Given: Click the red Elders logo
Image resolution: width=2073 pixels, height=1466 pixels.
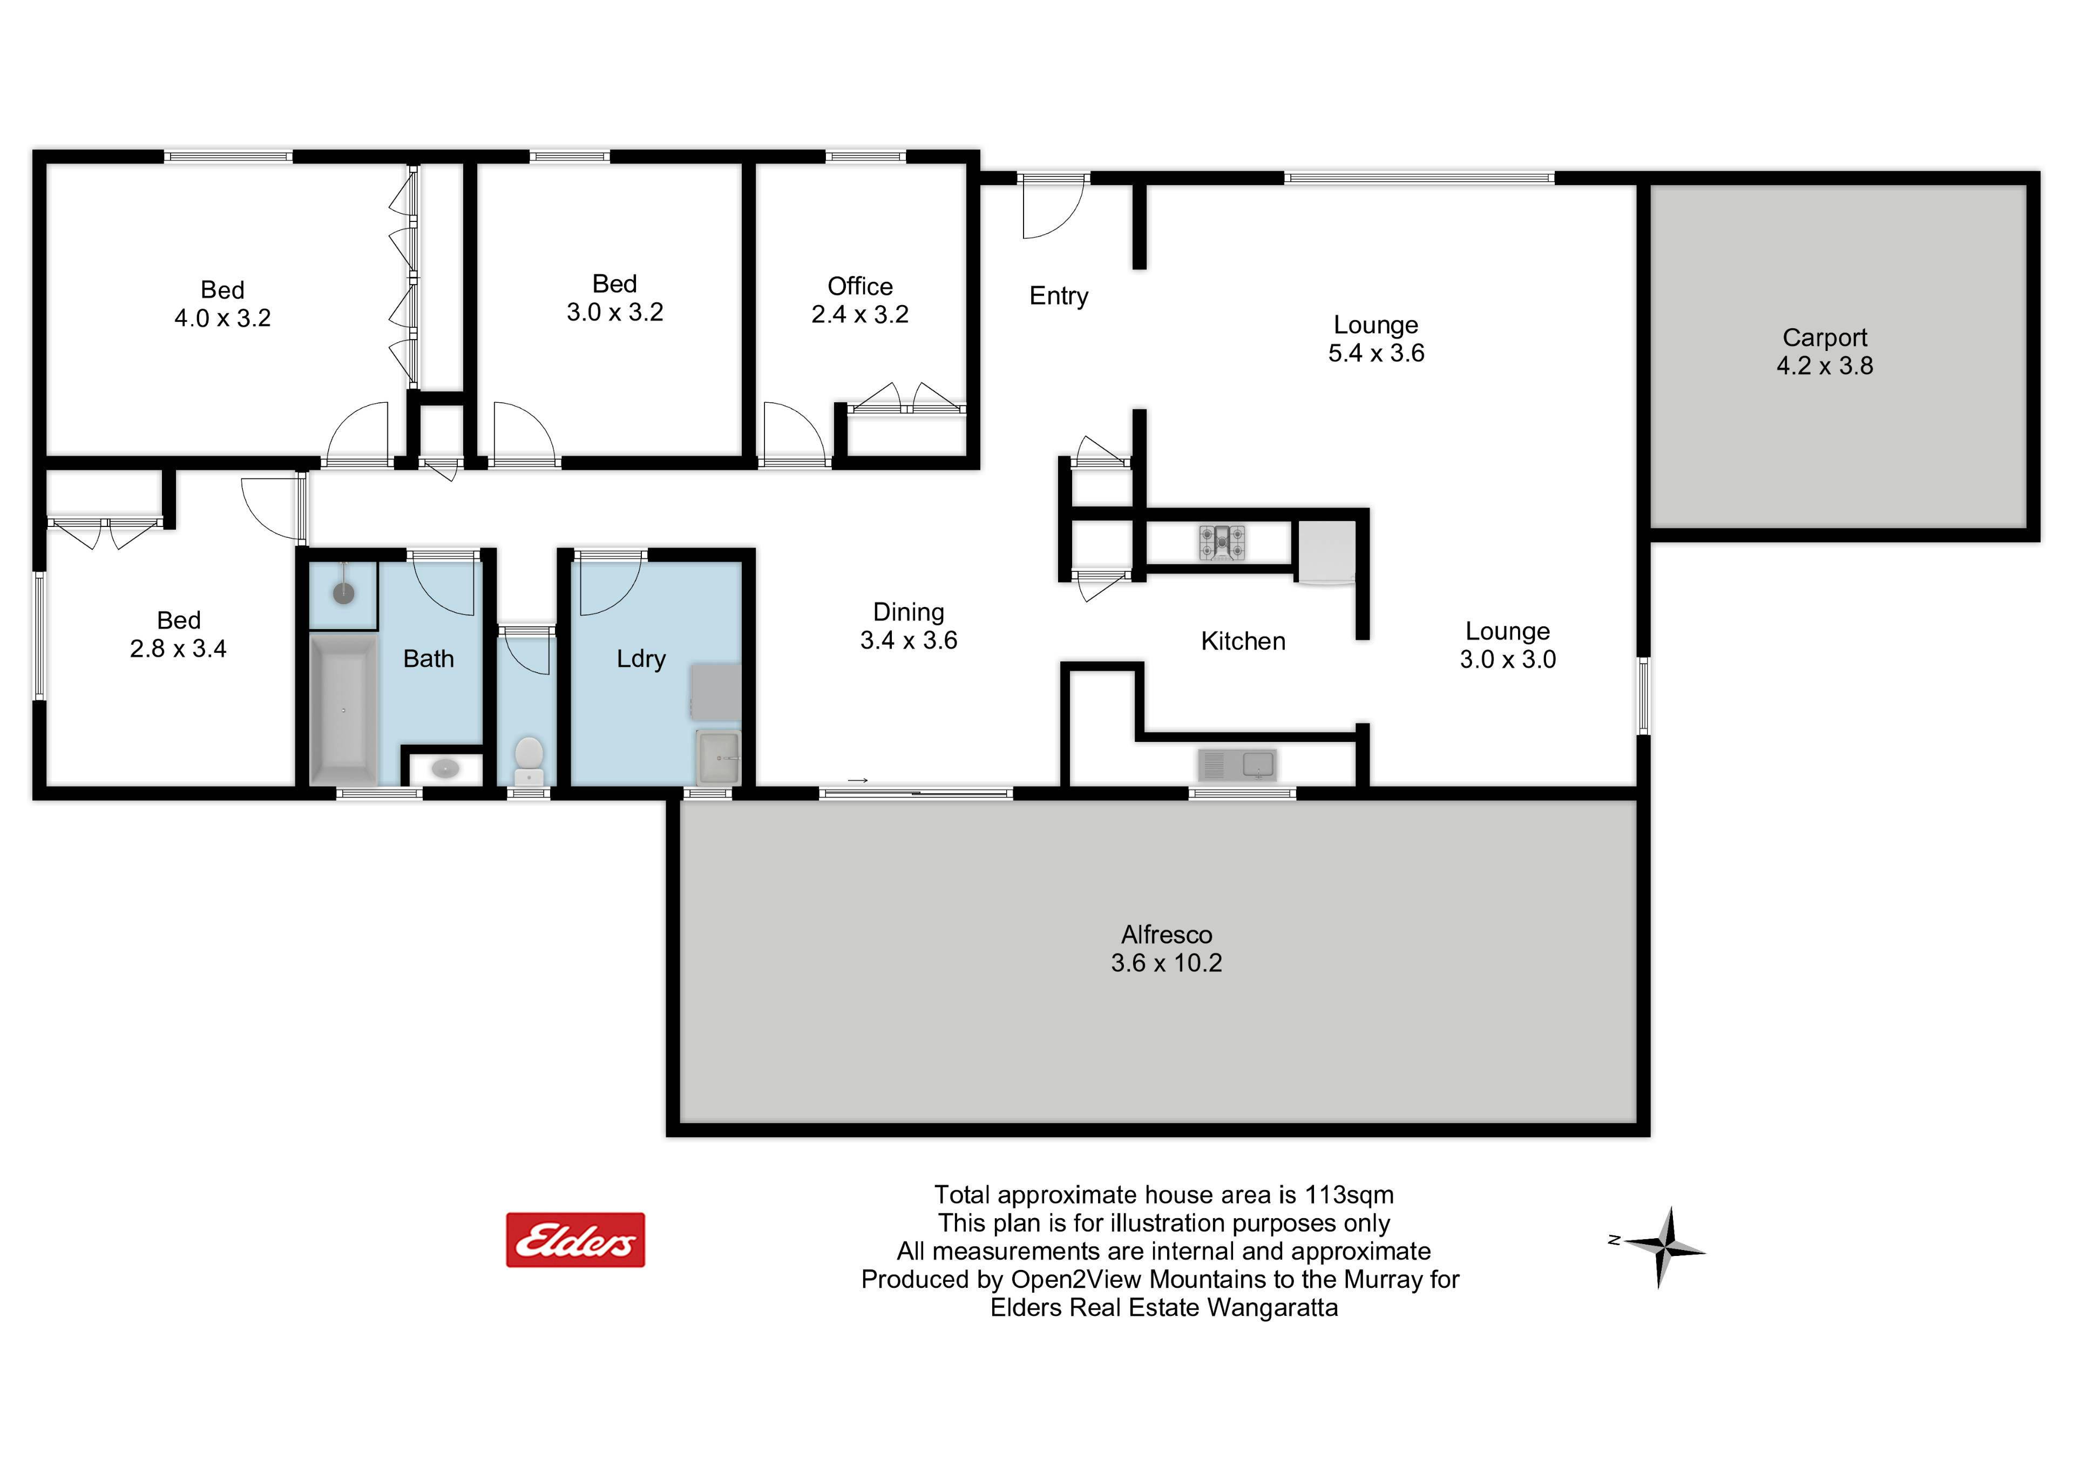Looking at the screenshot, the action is (575, 1240).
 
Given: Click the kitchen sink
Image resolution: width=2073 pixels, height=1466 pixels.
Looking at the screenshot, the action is (1237, 765).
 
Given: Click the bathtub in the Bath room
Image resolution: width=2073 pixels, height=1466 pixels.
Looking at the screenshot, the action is (343, 709).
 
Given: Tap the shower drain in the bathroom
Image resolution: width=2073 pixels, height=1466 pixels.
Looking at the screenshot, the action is (343, 592).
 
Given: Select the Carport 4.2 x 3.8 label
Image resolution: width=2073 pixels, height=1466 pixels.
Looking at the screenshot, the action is (1825, 352).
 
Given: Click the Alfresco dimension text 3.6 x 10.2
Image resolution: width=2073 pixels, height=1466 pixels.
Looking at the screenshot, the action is (1167, 963).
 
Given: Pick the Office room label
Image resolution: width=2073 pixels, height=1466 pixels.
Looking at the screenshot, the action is (861, 286).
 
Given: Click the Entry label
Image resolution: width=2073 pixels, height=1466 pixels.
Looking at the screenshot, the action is (1059, 296).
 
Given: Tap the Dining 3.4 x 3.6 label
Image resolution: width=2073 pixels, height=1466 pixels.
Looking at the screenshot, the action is (909, 626).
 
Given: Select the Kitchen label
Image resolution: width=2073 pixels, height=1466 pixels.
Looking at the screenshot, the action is (1243, 641).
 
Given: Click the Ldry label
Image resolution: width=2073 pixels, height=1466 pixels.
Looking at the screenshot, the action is (641, 659).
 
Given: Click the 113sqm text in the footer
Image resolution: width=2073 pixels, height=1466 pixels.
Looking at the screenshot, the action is (1349, 1195).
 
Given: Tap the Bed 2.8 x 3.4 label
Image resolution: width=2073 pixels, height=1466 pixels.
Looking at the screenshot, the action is (179, 634).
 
